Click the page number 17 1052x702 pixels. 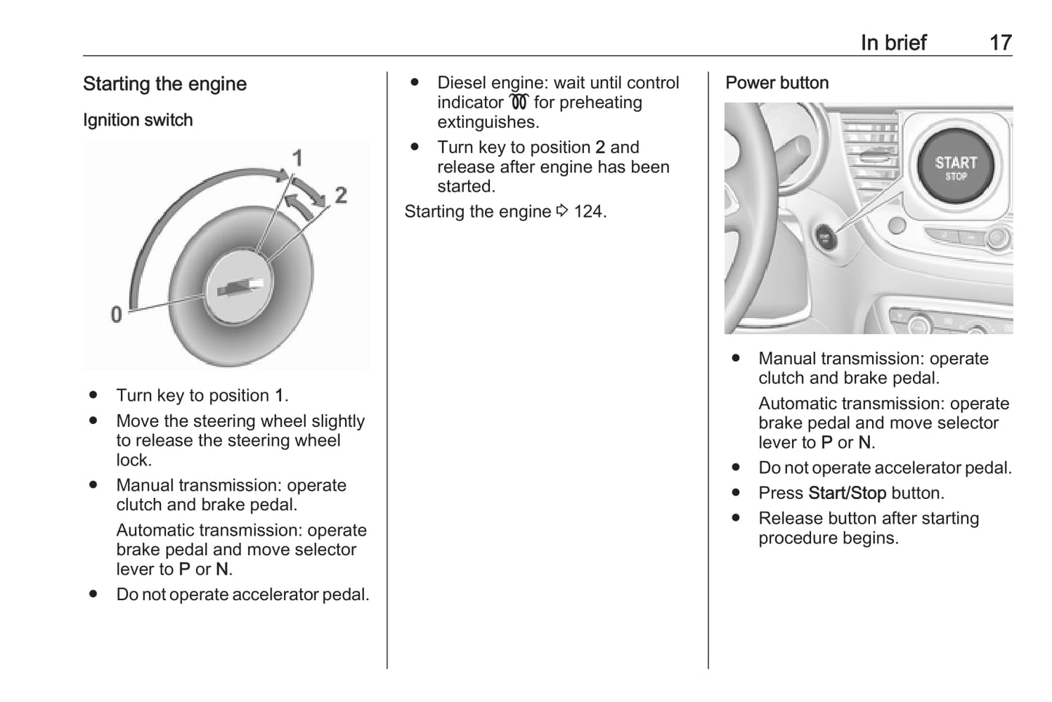[1000, 43]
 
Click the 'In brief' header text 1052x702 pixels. [893, 43]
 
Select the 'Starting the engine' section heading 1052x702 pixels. [165, 84]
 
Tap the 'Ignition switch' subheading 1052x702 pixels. [138, 120]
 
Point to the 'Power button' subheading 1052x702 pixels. [777, 83]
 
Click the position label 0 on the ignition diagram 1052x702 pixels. [116, 315]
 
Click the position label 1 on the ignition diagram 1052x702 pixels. [297, 157]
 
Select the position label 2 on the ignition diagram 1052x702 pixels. [340, 195]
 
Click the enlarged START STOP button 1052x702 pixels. [955, 167]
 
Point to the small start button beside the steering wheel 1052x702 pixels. [825, 237]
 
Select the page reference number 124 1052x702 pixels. [588, 212]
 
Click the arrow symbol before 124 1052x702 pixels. [562, 211]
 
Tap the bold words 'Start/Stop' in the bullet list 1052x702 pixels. [847, 493]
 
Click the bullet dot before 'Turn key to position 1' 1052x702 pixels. [93, 395]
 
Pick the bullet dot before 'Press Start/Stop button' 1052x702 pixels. [735, 492]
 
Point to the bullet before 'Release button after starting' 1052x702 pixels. [735, 518]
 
